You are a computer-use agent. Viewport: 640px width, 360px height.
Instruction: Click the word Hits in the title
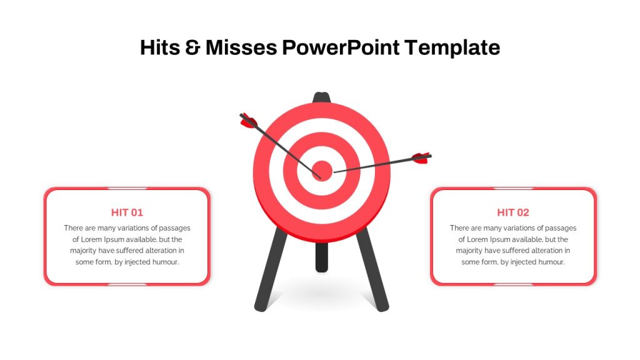point(160,47)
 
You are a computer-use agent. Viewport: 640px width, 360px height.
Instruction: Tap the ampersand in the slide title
point(192,47)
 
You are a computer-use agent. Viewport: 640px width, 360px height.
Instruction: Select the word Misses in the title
point(241,47)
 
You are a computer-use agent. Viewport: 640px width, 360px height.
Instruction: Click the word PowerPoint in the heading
point(341,47)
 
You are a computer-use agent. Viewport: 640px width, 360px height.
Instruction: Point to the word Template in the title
point(452,48)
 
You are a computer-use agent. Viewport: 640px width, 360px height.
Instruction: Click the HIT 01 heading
point(127,212)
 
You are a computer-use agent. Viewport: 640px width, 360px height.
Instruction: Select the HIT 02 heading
point(513,212)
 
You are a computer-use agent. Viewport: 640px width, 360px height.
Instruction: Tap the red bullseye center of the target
point(322,170)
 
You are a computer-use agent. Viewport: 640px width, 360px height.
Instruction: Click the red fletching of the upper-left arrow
point(249,121)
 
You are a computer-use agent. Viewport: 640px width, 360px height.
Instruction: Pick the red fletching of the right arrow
point(421,158)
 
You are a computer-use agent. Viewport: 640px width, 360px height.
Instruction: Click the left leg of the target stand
point(270,269)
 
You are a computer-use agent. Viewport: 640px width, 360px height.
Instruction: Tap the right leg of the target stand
point(372,269)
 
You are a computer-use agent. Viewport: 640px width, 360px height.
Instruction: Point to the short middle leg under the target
point(322,257)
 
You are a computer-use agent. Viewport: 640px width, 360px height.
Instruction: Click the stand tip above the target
point(322,97)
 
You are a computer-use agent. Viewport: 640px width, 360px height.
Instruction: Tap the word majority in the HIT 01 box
point(83,251)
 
